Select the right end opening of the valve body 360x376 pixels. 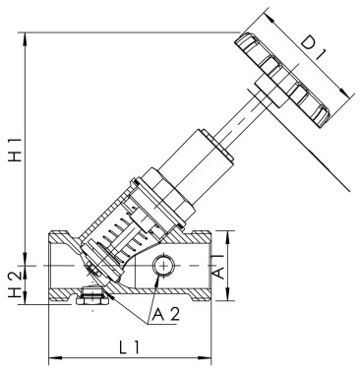point(210,266)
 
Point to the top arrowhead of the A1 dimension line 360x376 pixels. point(229,233)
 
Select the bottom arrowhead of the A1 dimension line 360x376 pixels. point(229,298)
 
